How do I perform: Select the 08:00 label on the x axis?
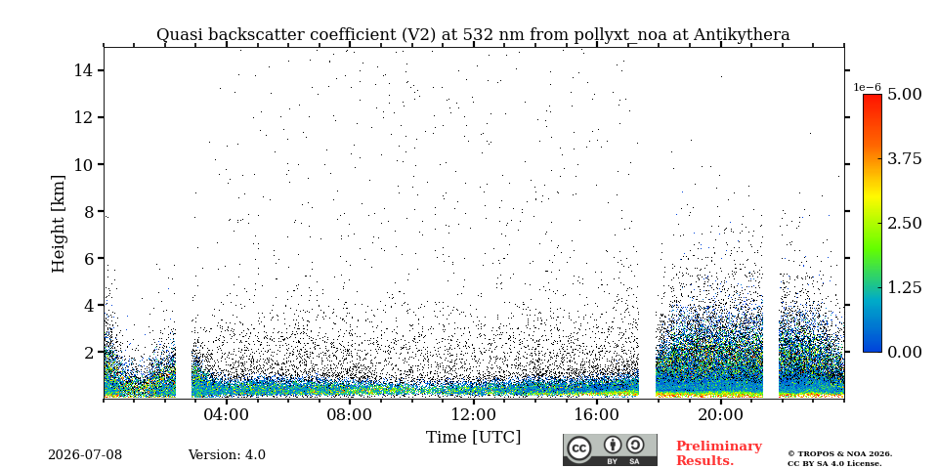point(350,414)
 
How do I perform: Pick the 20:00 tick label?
point(720,414)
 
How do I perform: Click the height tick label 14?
point(82,70)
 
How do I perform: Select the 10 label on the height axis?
point(82,164)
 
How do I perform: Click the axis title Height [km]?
point(58,224)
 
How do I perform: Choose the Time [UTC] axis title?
point(473,438)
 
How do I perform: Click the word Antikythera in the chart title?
point(742,35)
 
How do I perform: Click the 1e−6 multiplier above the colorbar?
point(867,87)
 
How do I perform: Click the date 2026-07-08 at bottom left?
point(85,455)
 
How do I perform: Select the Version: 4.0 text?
point(227,455)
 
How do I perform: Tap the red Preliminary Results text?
point(719,453)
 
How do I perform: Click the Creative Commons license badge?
point(610,449)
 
